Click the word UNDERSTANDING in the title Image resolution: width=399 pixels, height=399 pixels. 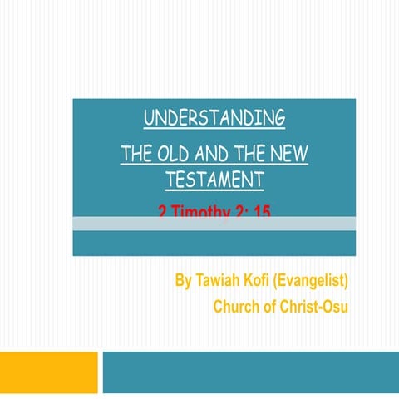tap(214, 118)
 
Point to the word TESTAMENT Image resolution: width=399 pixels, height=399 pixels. tap(214, 179)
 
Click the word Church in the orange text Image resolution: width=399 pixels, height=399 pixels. tap(238, 307)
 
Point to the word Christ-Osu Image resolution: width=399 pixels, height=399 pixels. tap(314, 307)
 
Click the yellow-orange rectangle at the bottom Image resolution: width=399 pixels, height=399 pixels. tap(48, 372)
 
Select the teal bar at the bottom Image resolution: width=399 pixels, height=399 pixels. tap(249, 372)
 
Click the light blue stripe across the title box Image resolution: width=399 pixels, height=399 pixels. tap(214, 224)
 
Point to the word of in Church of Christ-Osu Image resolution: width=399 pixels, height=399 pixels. tap(272, 307)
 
